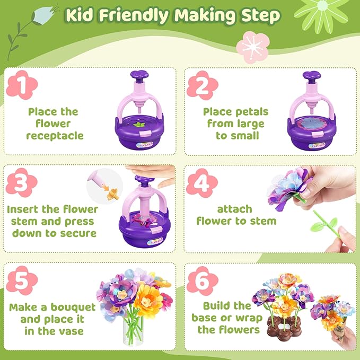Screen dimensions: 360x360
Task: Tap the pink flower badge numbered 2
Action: pyautogui.click(x=202, y=85)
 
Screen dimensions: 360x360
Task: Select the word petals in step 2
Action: pyautogui.click(x=253, y=112)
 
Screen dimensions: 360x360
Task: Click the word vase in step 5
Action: pyautogui.click(x=71, y=331)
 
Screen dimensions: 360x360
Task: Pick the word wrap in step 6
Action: pyautogui.click(x=249, y=318)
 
